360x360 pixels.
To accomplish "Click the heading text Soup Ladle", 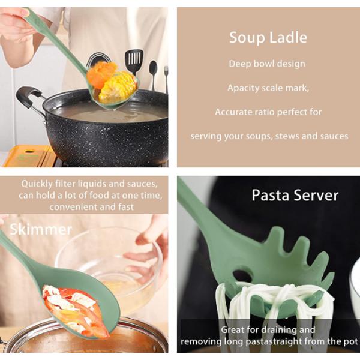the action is click(x=268, y=37).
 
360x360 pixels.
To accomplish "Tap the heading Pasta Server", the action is click(x=295, y=196).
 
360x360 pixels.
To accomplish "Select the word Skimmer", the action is click(x=41, y=229).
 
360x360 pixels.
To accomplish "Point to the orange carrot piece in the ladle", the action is click(x=101, y=74).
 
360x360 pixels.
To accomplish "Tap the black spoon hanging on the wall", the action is click(x=153, y=73).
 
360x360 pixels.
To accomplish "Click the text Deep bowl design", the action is click(x=267, y=64).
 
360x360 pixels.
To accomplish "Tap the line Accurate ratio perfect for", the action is click(x=268, y=112).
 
